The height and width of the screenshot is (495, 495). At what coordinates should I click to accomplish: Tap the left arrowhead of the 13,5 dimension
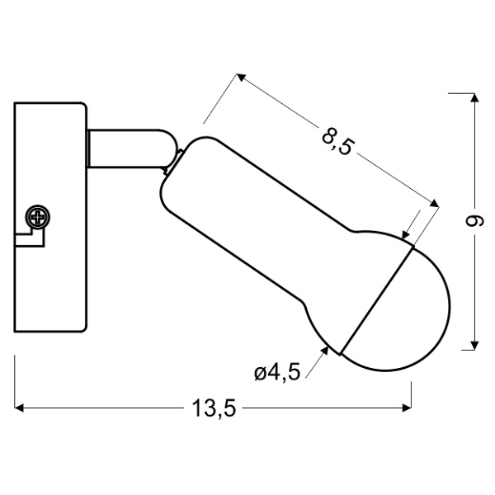tap(20, 407)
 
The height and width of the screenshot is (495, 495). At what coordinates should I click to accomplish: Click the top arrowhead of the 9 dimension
tap(474, 99)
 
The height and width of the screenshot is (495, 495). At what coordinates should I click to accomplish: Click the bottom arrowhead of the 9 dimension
tap(474, 345)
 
